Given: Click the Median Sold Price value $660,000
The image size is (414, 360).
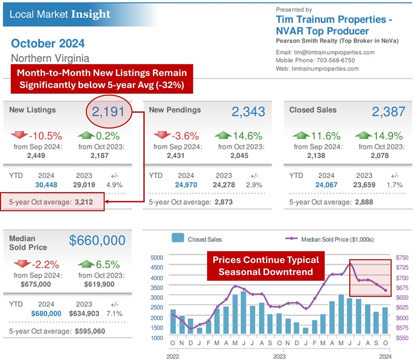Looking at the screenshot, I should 97,241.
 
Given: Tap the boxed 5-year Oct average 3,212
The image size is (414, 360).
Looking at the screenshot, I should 82,203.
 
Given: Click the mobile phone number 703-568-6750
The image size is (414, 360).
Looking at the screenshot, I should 339,61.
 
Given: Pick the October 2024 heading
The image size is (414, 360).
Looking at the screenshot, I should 48,44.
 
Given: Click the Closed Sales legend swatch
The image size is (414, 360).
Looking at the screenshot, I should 178,239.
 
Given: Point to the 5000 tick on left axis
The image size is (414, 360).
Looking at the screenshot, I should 156,257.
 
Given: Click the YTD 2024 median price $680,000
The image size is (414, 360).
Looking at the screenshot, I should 47,313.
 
